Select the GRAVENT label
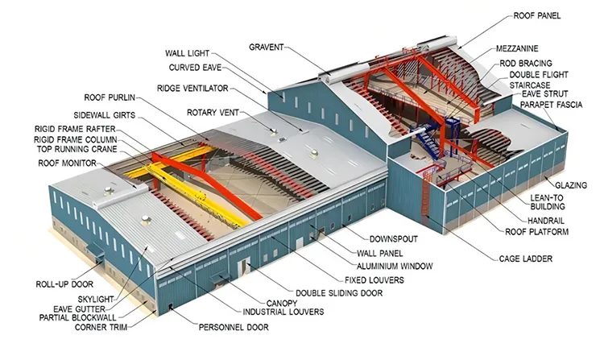pos(266,47)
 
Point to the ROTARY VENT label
pos(212,112)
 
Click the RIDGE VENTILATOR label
pos(192,88)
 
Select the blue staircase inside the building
pos(428,149)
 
